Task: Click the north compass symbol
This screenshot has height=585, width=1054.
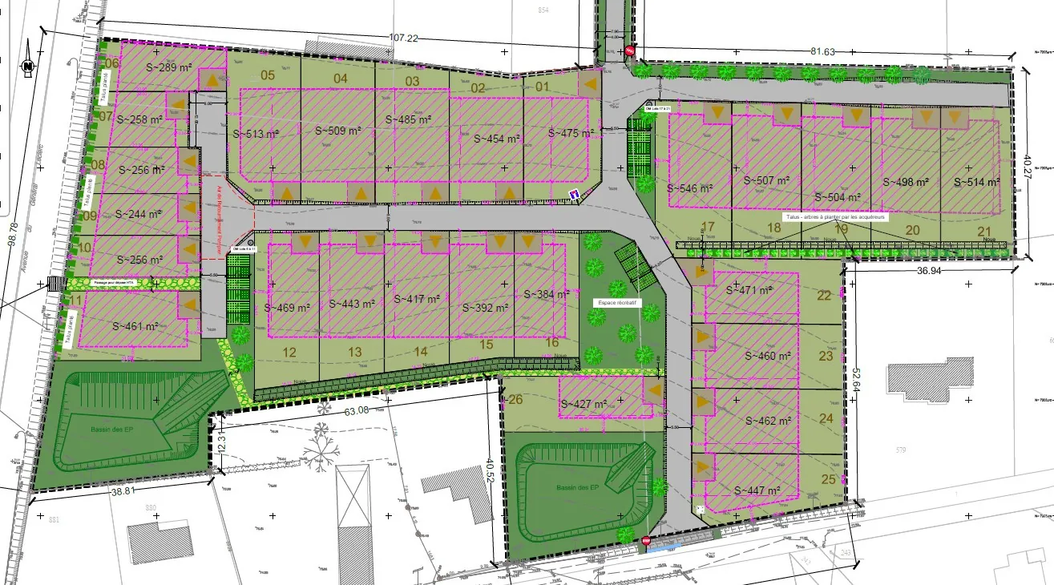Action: click(27, 66)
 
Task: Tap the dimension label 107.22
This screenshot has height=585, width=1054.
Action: click(404, 38)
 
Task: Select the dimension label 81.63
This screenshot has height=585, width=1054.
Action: click(822, 51)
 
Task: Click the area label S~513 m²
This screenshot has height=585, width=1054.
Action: click(255, 135)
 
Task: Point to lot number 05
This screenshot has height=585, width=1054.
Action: click(268, 76)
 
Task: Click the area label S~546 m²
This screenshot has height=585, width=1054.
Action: click(689, 189)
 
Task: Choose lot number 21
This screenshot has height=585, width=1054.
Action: click(985, 231)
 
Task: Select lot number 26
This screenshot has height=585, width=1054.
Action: click(515, 400)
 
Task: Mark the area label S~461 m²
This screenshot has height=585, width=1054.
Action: click(134, 326)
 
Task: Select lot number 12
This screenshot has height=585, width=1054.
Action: click(289, 352)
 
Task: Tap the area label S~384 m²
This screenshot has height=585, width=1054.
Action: click(547, 294)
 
